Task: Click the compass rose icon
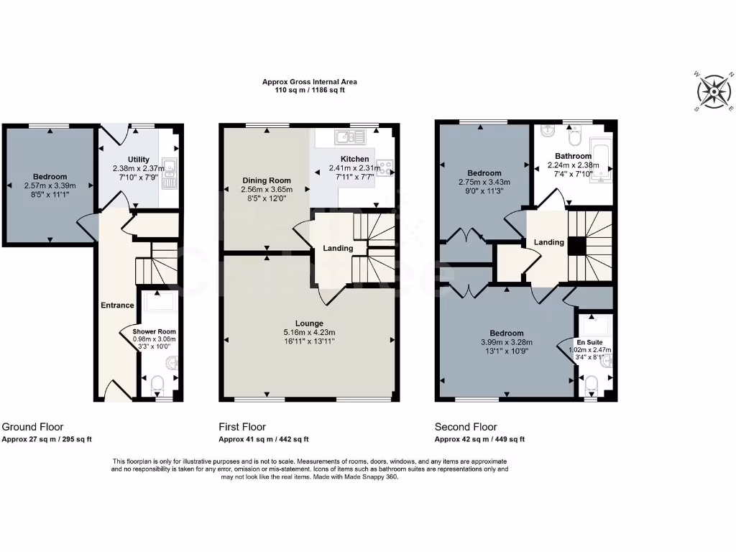[714, 91]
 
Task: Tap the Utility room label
[139, 160]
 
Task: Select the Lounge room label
[309, 323]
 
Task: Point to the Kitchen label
[355, 159]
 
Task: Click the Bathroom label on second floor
[573, 156]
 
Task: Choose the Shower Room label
[154, 331]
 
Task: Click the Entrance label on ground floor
[117, 305]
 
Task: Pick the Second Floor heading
[465, 427]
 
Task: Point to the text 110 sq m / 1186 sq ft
[310, 91]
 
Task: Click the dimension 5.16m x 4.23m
[309, 332]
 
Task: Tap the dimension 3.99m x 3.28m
[507, 342]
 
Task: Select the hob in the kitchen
[385, 170]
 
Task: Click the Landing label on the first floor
[338, 249]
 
